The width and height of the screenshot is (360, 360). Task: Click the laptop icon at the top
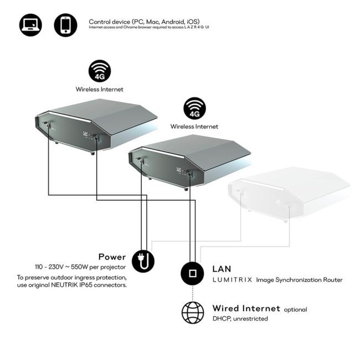point(30,25)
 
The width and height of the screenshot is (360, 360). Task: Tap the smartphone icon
point(66,25)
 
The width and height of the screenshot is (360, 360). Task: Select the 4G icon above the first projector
point(100,71)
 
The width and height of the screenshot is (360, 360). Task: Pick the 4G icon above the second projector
point(195,109)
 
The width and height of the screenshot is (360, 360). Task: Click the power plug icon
point(143,261)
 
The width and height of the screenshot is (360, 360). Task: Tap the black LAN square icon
point(192,274)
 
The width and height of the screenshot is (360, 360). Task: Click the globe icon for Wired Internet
point(193,312)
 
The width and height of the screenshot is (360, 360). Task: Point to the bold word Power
point(112,257)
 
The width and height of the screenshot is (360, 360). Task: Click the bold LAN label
point(222,269)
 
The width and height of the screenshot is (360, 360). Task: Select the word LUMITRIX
point(233,280)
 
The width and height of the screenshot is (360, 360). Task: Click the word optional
point(296,310)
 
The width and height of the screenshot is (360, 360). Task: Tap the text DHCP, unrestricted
point(240,318)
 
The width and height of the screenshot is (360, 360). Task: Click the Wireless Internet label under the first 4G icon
point(99,89)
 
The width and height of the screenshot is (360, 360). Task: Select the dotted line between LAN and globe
point(192,293)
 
